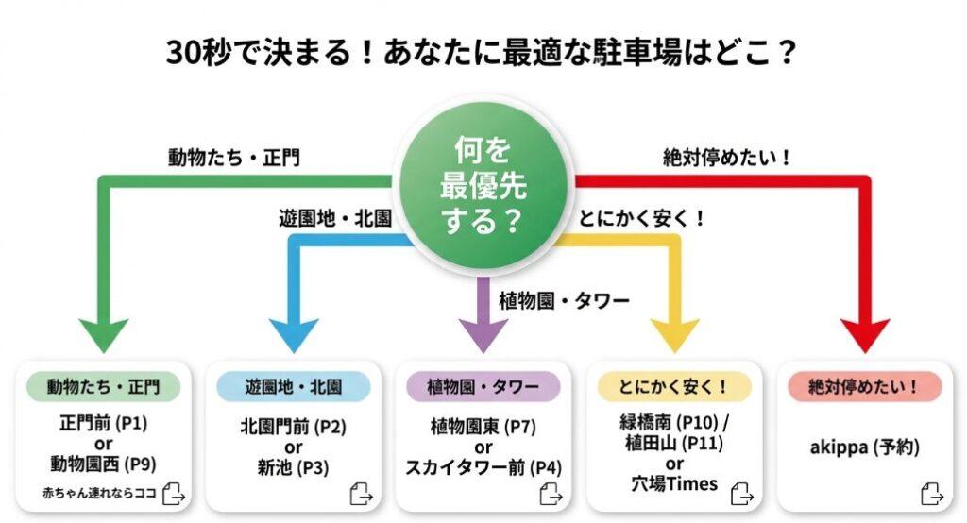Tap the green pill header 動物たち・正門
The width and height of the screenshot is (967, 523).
[x=104, y=386]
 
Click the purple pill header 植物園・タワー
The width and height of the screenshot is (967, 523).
[x=483, y=386]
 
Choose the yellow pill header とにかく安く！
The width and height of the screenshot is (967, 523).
[x=674, y=386]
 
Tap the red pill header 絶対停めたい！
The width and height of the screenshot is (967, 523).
[x=864, y=386]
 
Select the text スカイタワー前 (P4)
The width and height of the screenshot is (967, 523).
[x=483, y=466]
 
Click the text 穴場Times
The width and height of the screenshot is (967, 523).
[x=674, y=485]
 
